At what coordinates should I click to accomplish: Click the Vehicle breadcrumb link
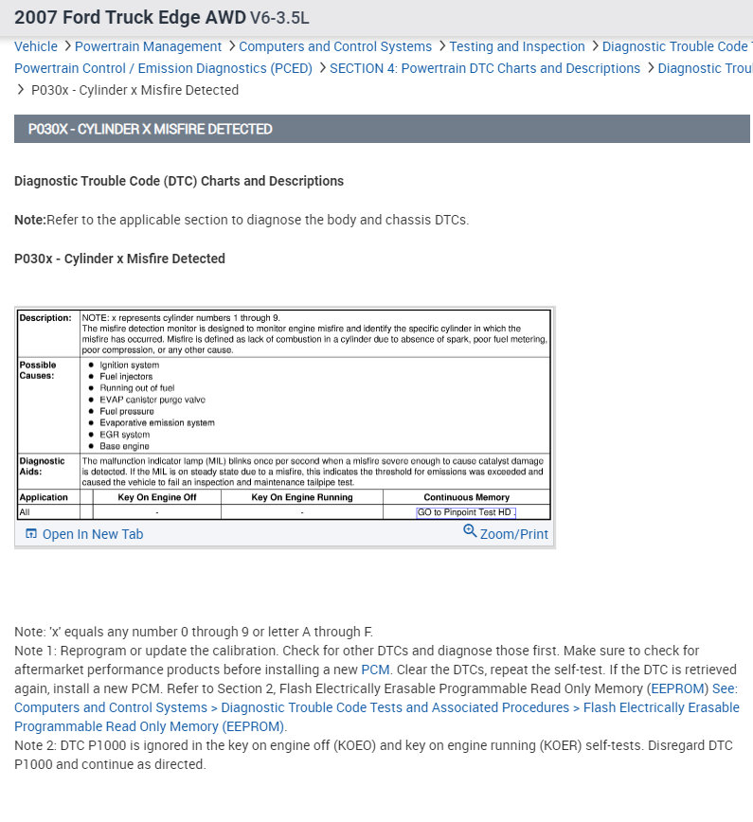tap(36, 46)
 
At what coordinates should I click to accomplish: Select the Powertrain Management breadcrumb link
tap(148, 46)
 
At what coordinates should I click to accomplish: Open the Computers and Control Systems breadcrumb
tap(335, 46)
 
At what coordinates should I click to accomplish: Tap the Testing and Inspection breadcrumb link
tap(517, 46)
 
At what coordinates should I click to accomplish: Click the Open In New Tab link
tap(92, 534)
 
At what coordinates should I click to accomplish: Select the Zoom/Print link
tap(513, 534)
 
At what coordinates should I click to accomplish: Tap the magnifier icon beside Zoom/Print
tap(470, 531)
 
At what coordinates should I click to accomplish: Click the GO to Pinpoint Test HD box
tap(466, 512)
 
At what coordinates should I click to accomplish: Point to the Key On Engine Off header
tap(157, 497)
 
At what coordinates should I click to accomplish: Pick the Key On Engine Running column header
tap(301, 497)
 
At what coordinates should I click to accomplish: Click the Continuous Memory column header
tap(466, 497)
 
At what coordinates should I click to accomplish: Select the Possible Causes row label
tap(38, 369)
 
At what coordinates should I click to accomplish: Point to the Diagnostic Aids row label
tap(42, 465)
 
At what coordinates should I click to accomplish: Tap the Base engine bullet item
tap(124, 446)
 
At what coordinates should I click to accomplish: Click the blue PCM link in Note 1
tap(375, 670)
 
